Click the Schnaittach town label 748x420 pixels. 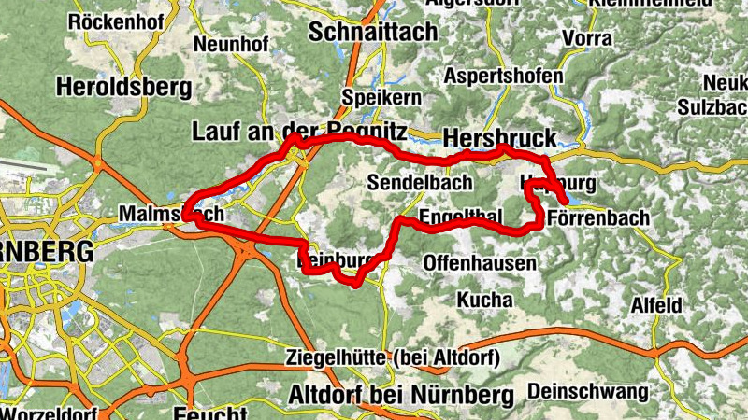pos(372,32)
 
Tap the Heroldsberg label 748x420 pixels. pos(124,87)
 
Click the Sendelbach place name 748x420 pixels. pos(413,181)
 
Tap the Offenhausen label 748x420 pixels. pos(481,263)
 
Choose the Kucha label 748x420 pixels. pos(484,300)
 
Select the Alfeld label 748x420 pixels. pos(656,305)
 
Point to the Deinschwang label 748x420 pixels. pos(588,390)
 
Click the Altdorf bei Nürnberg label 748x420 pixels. pos(402,395)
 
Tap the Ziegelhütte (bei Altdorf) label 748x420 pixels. pos(394,357)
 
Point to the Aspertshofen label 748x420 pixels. pos(504,76)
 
